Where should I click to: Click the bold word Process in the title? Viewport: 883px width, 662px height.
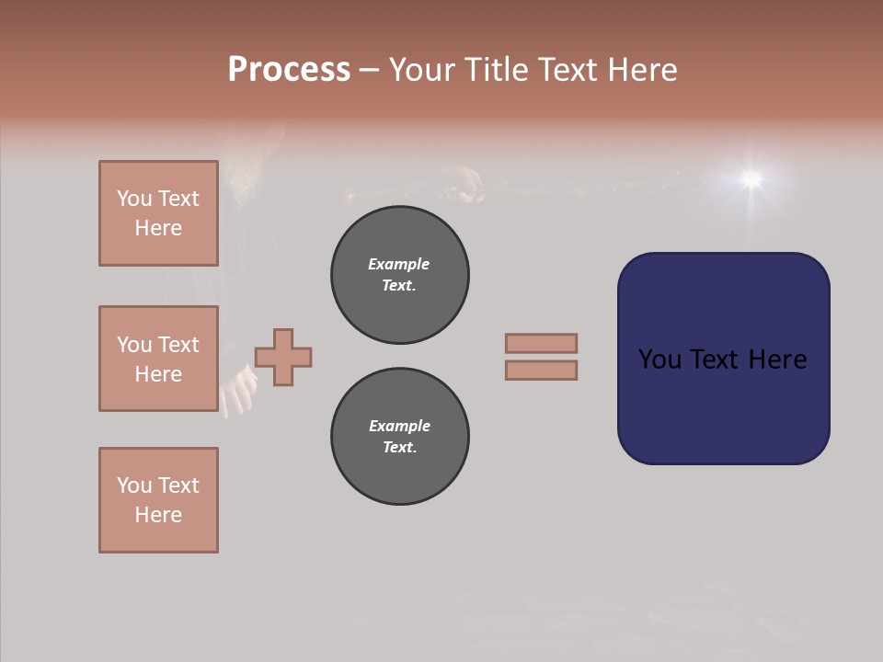coord(289,70)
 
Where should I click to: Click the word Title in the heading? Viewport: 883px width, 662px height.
coord(496,70)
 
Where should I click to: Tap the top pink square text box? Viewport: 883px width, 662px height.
coord(158,213)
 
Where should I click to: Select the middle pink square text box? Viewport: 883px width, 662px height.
coord(158,359)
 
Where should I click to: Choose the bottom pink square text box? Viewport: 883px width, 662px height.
coord(158,500)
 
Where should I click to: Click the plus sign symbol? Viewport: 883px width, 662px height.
coord(283,357)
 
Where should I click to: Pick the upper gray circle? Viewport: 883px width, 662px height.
coord(400,275)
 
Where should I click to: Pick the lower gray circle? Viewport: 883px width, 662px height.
coord(400,437)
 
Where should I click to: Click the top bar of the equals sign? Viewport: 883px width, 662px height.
coord(541,343)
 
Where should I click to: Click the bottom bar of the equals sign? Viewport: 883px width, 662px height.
coord(541,370)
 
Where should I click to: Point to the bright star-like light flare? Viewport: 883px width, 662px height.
coord(751,177)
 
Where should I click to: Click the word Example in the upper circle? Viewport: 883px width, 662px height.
coord(399,264)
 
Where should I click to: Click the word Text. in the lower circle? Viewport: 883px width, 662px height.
coord(399,448)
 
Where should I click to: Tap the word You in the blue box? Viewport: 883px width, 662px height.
coord(661,360)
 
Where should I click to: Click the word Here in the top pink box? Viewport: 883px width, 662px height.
coord(158,228)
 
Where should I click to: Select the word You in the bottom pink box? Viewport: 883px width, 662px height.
coord(134,485)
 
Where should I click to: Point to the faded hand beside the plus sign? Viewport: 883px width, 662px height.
coord(238,391)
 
